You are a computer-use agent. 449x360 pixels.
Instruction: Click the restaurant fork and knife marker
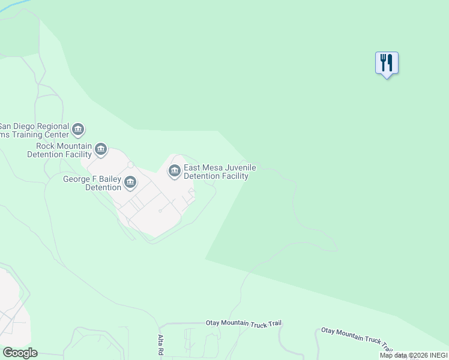coord(387,63)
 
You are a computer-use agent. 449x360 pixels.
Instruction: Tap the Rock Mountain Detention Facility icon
coord(101,149)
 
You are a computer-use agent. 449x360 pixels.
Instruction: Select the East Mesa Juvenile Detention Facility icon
coord(175,172)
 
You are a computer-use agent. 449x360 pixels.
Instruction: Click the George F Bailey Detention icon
coord(130,182)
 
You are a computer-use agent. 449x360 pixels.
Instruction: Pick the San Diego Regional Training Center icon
coord(77,130)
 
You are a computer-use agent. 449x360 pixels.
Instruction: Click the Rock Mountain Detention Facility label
coord(59,150)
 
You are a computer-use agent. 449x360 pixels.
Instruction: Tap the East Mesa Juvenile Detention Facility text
coord(215,172)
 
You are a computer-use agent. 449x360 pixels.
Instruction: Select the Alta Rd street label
coord(161,344)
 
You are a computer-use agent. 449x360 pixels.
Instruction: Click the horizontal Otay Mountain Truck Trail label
coord(243,323)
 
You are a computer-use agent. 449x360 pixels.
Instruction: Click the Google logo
coord(19,353)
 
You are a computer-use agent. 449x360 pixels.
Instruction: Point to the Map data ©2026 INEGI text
coord(412,355)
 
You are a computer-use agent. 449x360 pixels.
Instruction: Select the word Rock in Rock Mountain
coord(46,146)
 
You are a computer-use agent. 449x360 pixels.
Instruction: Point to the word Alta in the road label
coord(161,340)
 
